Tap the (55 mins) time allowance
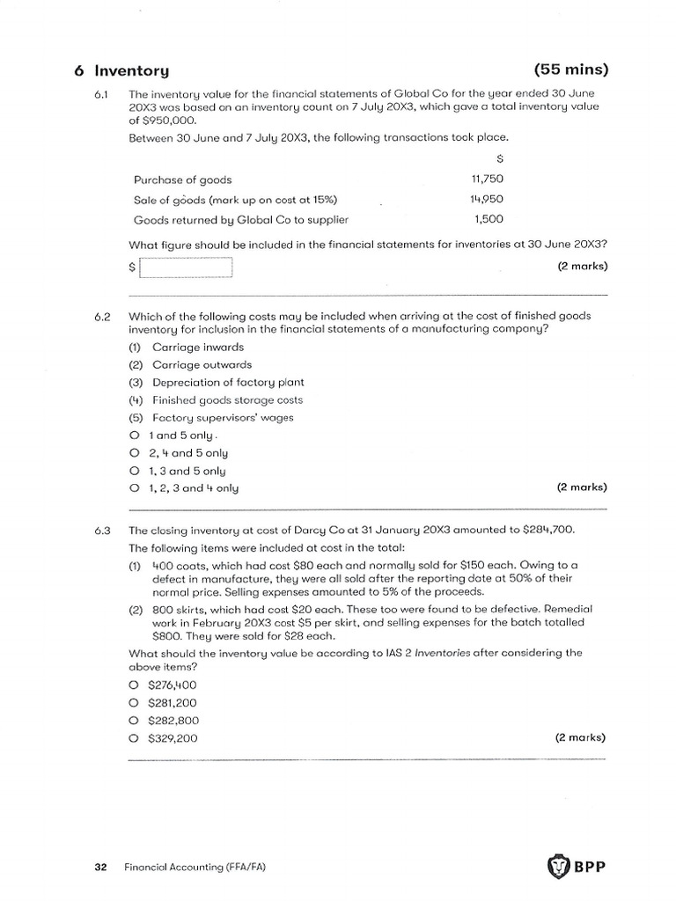pyautogui.click(x=570, y=70)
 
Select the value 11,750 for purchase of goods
pyautogui.click(x=488, y=179)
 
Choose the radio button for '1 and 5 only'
pyautogui.click(x=134, y=435)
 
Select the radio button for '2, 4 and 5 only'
pyautogui.click(x=134, y=452)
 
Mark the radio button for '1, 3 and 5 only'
pyautogui.click(x=134, y=470)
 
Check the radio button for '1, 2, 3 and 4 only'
pyautogui.click(x=134, y=487)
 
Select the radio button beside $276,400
pyautogui.click(x=134, y=685)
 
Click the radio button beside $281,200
pyautogui.click(x=134, y=703)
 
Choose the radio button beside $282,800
pyautogui.click(x=134, y=721)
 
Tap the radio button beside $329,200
pyautogui.click(x=134, y=738)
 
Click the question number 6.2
pyautogui.click(x=101, y=316)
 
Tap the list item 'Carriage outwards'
pyautogui.click(x=202, y=364)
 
